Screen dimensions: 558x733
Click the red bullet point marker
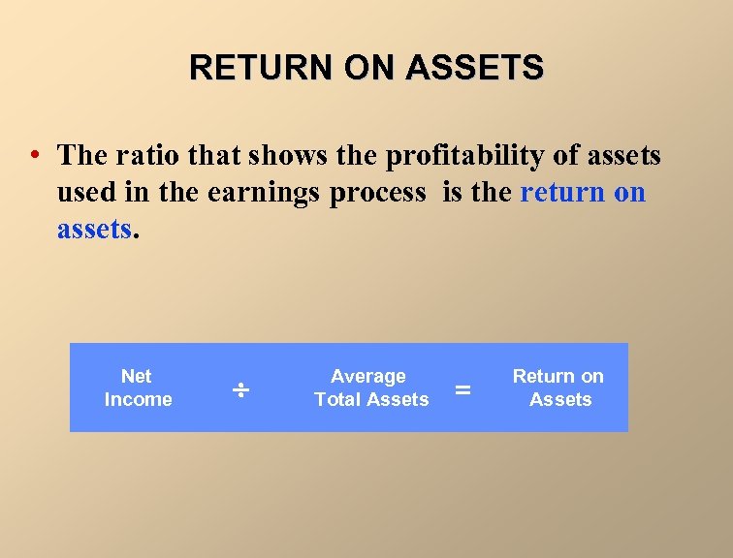pos(34,155)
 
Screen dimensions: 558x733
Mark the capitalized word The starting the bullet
pos(82,155)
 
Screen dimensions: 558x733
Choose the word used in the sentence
pos(84,192)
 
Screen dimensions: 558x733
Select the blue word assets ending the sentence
pos(93,229)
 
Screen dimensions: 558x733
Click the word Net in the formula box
pos(137,376)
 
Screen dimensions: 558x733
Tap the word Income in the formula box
pos(138,399)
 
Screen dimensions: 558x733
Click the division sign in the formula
pos(239,389)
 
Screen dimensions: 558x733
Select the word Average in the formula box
pos(368,376)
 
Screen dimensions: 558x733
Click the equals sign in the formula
pos(463,389)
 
